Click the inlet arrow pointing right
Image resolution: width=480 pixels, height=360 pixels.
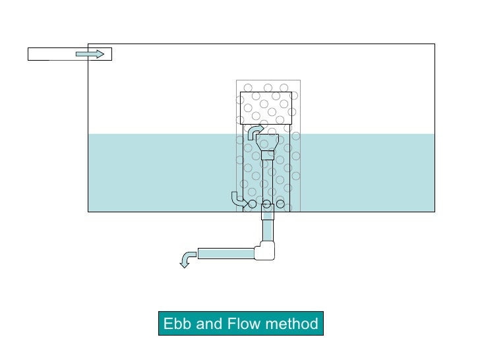click(90, 54)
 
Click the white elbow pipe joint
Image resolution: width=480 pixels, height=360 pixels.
click(266, 249)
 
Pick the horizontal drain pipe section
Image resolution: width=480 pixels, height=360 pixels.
click(225, 253)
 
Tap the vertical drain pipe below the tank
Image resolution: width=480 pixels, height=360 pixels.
click(268, 229)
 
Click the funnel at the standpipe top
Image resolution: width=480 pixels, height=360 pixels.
click(268, 142)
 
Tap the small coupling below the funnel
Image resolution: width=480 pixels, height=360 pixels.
click(268, 156)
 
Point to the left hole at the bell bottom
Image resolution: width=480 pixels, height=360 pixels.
click(253, 204)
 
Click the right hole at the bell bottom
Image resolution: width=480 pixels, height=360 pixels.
click(281, 204)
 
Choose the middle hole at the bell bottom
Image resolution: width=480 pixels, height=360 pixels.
click(267, 204)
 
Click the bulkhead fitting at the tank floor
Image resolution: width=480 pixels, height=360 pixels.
click(268, 212)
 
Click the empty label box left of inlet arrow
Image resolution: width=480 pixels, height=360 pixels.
click(49, 54)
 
